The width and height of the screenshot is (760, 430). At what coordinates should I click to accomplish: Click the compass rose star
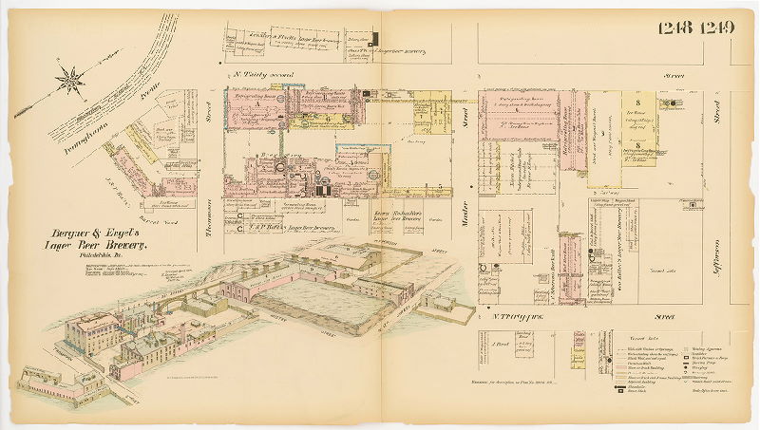coord(69,80)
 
